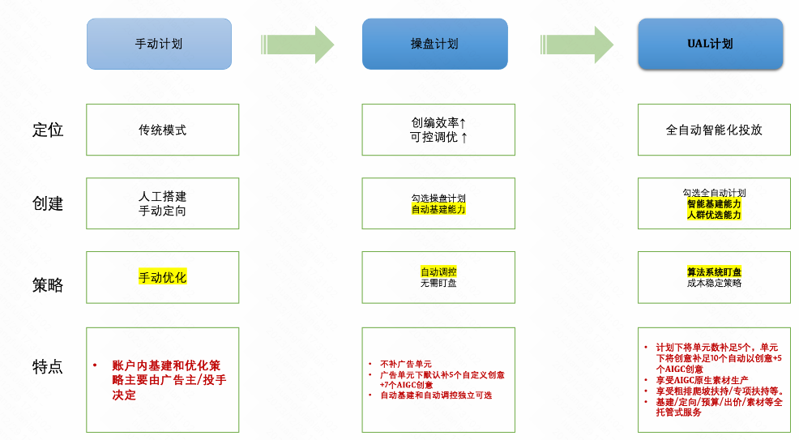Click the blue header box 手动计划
pos(159,44)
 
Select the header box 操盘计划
pos(434,44)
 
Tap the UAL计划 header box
pos(710,44)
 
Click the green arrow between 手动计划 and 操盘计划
pos(297,44)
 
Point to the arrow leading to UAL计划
pos(576,44)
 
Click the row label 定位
pos(48,130)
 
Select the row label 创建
pos(48,203)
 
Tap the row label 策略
pos(48,285)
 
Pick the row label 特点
pos(48,366)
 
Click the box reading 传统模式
pos(162,130)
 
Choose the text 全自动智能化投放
pos(714,130)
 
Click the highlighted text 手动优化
pos(162,277)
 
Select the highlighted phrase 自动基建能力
pos(438,209)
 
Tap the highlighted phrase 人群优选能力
pos(714,215)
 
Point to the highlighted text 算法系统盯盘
pos(714,272)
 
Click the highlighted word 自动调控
pos(438,272)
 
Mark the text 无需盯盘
pos(438,283)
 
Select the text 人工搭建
pos(162,197)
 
